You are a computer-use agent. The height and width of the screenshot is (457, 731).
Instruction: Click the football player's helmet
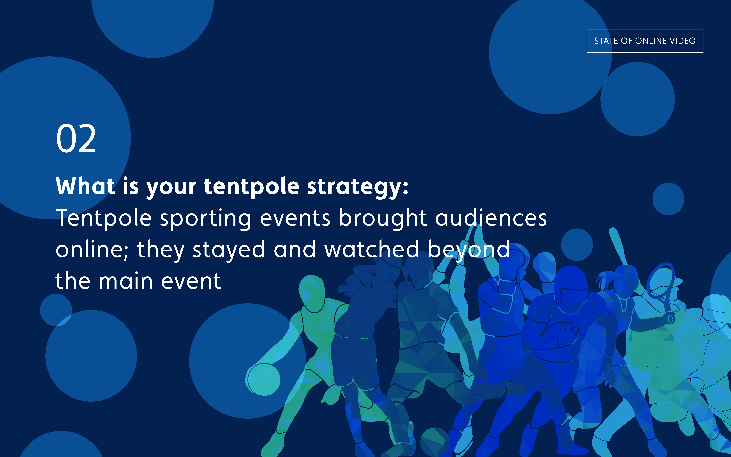(571, 287)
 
